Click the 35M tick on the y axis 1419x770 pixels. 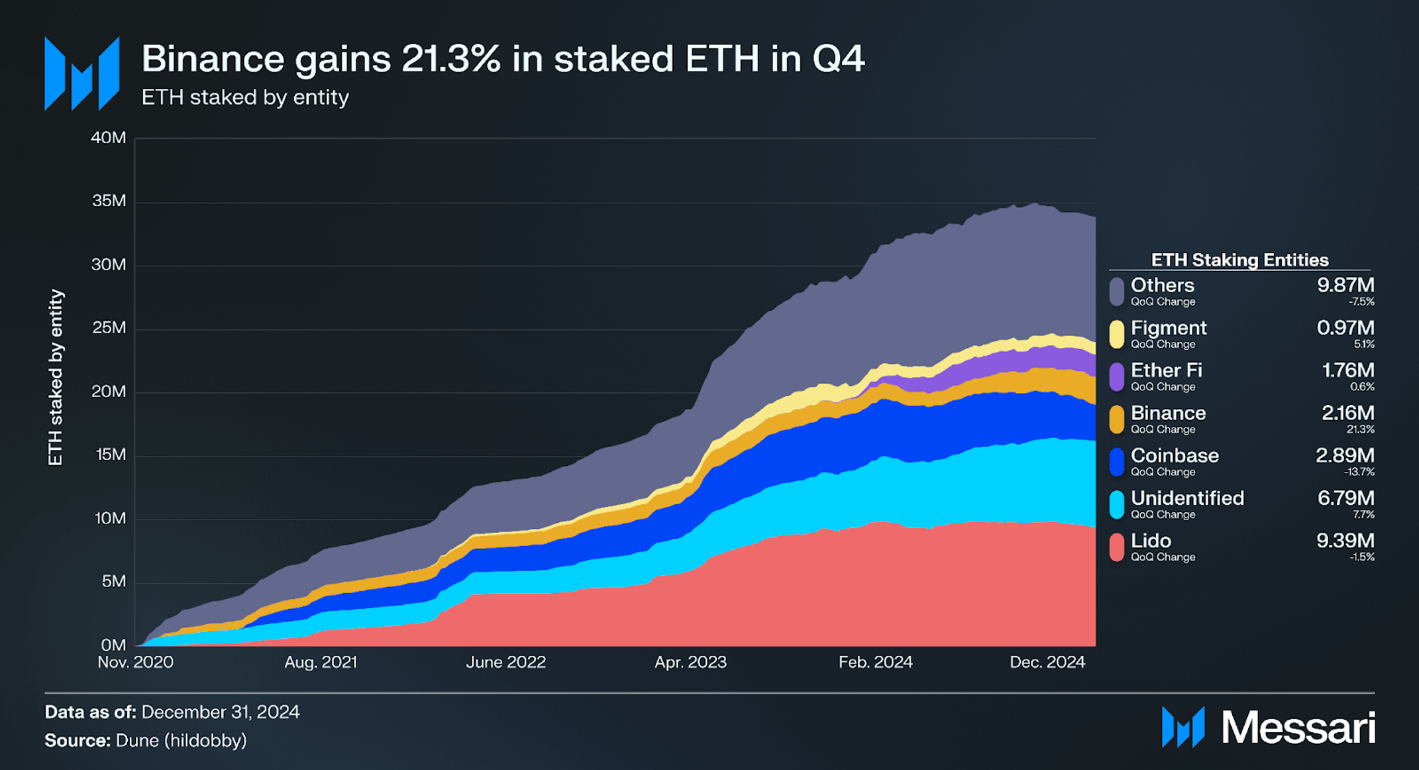click(x=109, y=201)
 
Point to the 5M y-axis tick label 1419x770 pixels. click(x=113, y=582)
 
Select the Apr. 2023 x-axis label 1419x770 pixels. click(x=690, y=662)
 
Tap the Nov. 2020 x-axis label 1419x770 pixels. click(x=135, y=662)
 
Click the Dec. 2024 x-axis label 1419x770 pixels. click(x=1047, y=662)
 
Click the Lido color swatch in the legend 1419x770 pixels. click(x=1117, y=547)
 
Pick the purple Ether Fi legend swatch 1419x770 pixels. click(x=1117, y=376)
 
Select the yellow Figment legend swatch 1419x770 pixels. click(x=1117, y=334)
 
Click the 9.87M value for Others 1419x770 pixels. click(x=1345, y=286)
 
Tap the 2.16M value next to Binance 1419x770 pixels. click(x=1347, y=413)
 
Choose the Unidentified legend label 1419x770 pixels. click(x=1187, y=498)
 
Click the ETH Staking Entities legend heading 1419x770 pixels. click(x=1239, y=260)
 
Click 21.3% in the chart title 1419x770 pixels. click(x=450, y=59)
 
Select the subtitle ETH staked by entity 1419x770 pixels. click(x=245, y=97)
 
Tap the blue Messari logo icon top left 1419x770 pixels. click(x=82, y=74)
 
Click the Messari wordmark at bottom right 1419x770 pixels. click(x=1298, y=728)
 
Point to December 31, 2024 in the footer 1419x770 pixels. click(x=220, y=712)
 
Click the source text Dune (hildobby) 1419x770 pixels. click(x=181, y=740)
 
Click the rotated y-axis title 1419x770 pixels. click(x=56, y=378)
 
